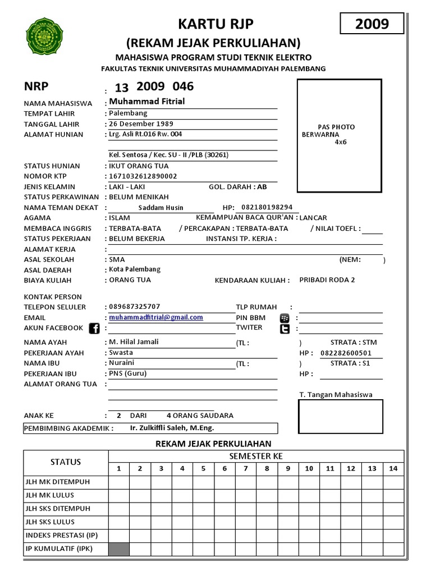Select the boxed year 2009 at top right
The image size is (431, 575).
coord(372,24)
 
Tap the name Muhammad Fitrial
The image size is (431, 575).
coord(147,102)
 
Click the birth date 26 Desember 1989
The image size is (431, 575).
coord(141,124)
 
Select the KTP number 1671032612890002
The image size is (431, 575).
coord(143,176)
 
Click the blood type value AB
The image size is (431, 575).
coord(262,186)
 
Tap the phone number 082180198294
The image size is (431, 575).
coord(267,207)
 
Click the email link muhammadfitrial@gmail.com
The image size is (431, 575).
coord(156,317)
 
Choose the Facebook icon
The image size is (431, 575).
coord(94,328)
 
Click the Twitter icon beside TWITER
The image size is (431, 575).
coord(285,329)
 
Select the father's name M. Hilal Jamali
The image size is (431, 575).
coord(134,342)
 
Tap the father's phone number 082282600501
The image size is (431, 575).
coord(346,353)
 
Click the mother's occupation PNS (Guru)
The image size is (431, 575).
coord(128,373)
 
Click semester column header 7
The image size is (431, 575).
coord(245,468)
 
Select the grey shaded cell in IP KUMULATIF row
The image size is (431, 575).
coord(119,549)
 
